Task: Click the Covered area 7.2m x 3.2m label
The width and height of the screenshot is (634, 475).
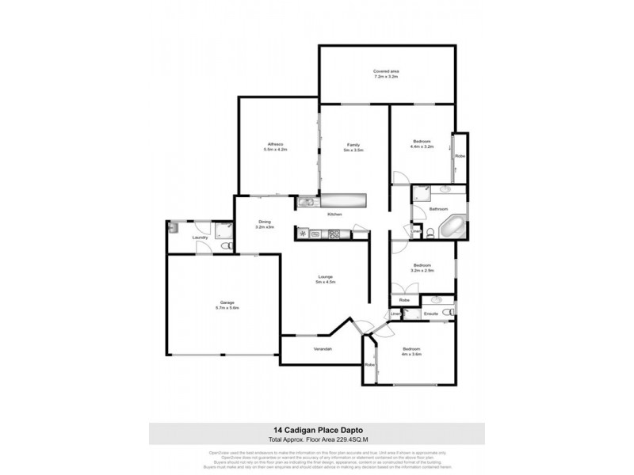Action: click(x=386, y=75)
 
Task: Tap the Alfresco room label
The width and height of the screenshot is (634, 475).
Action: click(x=276, y=146)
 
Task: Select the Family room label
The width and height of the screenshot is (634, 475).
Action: click(x=353, y=146)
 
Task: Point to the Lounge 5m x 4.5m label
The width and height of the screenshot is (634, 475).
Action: click(x=326, y=279)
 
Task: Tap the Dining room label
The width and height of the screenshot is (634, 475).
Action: click(x=265, y=224)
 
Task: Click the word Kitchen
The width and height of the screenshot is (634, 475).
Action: click(x=334, y=215)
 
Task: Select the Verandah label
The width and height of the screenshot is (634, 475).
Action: click(x=320, y=349)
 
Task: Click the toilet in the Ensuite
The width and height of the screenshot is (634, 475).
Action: click(x=449, y=314)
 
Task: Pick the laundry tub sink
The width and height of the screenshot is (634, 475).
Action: click(x=174, y=227)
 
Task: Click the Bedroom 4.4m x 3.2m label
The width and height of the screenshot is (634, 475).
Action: click(x=421, y=143)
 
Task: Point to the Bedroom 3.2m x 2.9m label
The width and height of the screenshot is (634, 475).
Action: click(x=421, y=268)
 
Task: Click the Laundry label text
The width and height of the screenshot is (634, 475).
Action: click(x=200, y=237)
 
